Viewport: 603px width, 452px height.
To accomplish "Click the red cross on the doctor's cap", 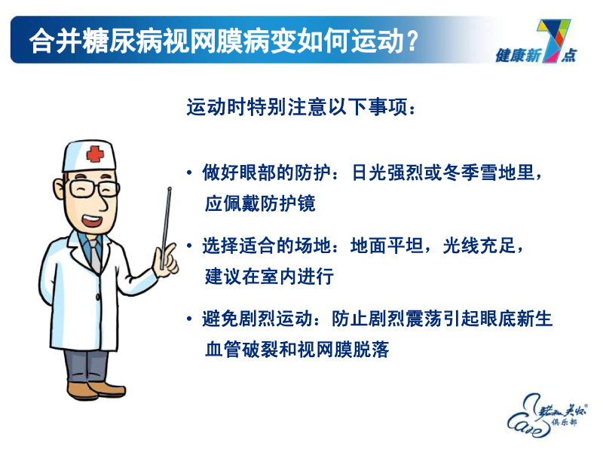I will coord(95,154).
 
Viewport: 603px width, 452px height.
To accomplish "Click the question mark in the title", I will coord(411,41).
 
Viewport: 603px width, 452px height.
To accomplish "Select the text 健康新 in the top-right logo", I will coord(516,55).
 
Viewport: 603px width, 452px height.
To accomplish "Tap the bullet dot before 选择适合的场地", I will coord(189,247).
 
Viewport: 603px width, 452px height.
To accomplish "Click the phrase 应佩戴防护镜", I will coord(259,203).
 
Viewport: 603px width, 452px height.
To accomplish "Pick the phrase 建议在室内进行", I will coord(268,276).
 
